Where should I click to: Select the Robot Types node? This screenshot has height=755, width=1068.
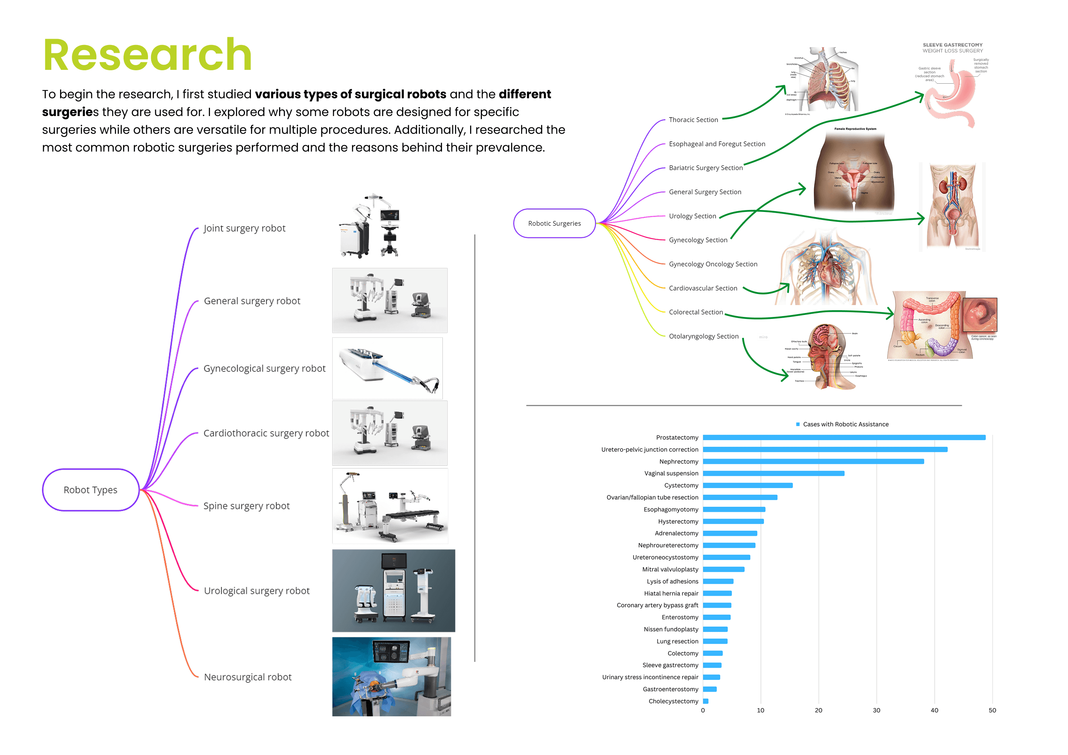91,490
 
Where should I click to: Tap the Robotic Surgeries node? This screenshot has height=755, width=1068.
554,223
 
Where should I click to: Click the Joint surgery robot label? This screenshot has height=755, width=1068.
244,228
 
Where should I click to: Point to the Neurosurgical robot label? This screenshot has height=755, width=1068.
247,677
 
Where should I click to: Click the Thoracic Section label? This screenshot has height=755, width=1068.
693,120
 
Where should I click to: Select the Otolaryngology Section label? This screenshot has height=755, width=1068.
703,336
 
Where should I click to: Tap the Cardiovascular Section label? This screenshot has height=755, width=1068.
703,288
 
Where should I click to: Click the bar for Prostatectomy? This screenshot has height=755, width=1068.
844,437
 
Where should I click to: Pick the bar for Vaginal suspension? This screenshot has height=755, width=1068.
773,473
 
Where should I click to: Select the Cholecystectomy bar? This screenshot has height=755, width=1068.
706,701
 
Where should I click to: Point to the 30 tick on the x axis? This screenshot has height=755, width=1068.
876,710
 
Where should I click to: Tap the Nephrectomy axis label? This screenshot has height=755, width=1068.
679,461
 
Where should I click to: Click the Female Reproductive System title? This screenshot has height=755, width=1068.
855,129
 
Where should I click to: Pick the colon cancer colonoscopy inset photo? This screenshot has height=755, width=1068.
980,314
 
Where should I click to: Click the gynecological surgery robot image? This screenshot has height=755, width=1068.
388,369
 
